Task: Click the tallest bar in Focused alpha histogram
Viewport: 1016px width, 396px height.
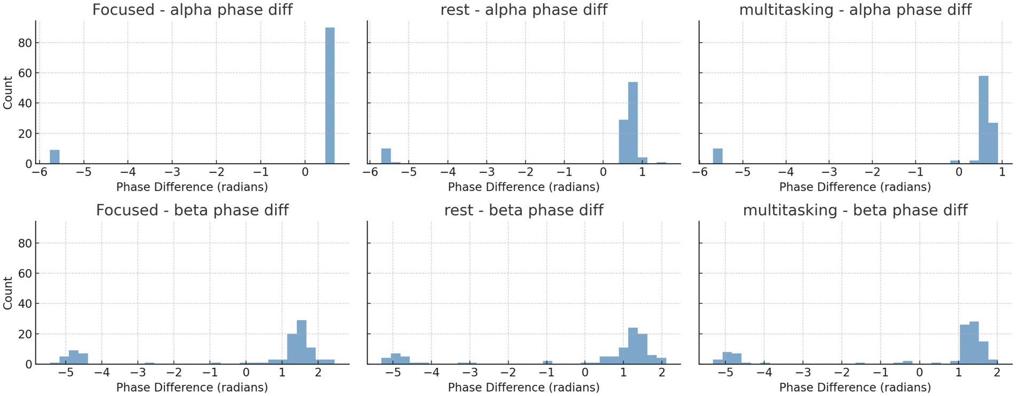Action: click(330, 96)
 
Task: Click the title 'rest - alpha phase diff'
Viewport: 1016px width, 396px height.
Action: click(523, 10)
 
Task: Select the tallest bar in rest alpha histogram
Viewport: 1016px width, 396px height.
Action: click(633, 123)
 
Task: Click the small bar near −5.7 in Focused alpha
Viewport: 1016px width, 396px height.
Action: click(54, 157)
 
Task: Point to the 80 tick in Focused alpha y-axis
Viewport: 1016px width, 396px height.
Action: click(25, 43)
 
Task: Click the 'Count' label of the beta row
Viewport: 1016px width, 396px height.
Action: click(8, 293)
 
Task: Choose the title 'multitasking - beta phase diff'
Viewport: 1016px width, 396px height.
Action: click(855, 210)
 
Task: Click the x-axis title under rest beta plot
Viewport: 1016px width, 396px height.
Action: click(523, 387)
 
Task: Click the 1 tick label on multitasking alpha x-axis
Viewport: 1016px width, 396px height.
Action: click(1002, 172)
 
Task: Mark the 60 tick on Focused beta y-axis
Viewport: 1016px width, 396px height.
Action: click(25, 274)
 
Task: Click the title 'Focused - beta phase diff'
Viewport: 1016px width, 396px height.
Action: click(192, 210)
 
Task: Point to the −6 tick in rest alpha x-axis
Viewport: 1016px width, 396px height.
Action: click(368, 172)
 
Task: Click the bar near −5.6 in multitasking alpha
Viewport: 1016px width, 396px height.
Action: click(717, 156)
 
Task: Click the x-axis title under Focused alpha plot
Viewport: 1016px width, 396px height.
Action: click(192, 187)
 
